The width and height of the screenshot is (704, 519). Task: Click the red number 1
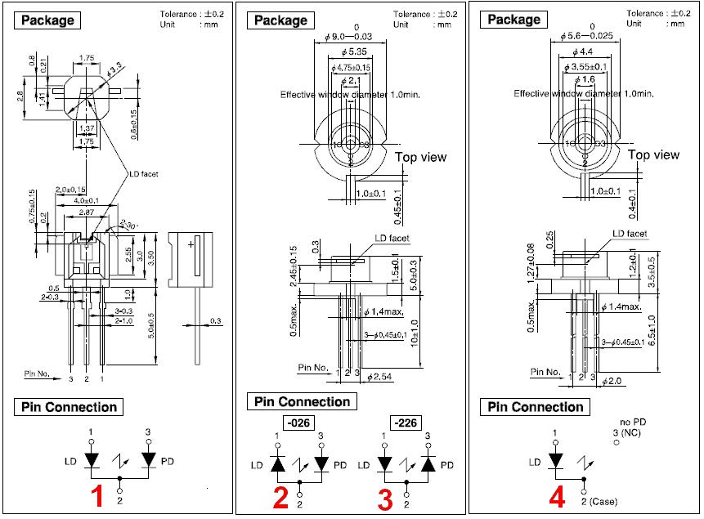(x=96, y=496)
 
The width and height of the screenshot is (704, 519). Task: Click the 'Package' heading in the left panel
(x=47, y=20)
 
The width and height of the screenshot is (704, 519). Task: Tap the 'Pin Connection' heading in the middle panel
(x=302, y=401)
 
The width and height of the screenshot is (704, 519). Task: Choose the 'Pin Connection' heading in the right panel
(x=536, y=406)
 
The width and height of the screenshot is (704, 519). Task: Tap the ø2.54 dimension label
(x=382, y=377)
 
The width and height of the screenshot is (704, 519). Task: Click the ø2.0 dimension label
(x=612, y=381)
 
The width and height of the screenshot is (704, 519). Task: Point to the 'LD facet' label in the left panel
(x=145, y=173)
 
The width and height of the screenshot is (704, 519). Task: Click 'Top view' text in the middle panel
(x=422, y=158)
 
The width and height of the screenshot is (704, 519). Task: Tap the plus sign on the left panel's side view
(x=190, y=244)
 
